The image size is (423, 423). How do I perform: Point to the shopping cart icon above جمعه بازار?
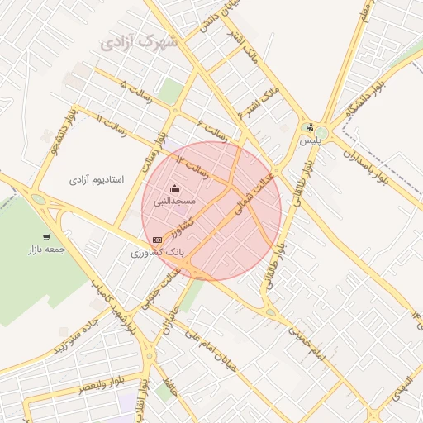[x=45, y=238]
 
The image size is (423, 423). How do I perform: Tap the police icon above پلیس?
[x=309, y=128]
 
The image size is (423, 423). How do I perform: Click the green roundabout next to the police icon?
[x=321, y=132]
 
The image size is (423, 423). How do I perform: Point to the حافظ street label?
[x=172, y=384]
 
